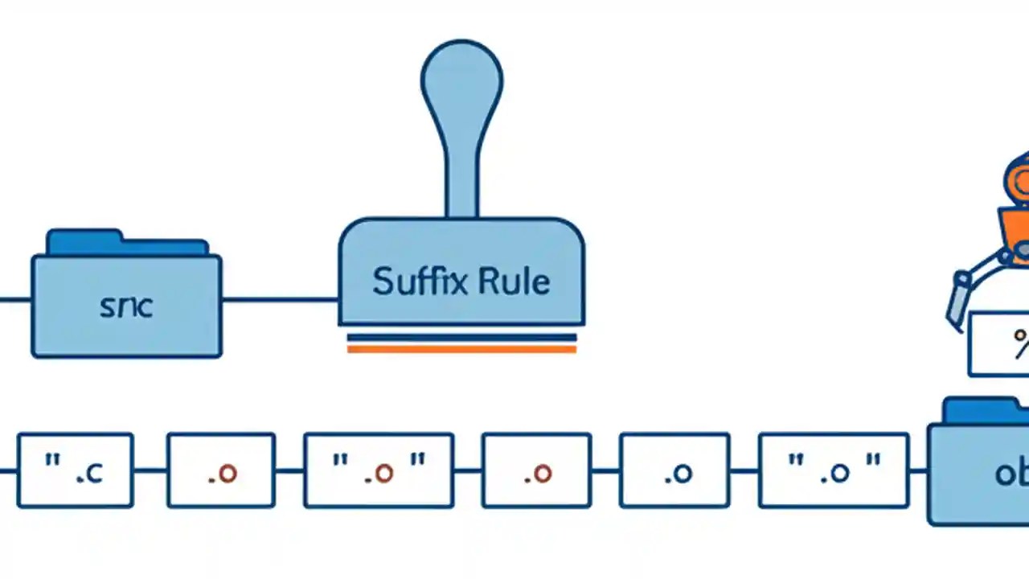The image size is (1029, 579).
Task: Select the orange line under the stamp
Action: point(461,349)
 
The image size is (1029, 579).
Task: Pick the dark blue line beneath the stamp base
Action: point(461,337)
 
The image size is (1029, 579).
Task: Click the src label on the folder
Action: point(126,306)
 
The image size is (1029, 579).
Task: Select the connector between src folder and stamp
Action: point(280,300)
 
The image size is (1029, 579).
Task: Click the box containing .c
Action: point(75,470)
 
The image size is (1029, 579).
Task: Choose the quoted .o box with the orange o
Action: point(379,470)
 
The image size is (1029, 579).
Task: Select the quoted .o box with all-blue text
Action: point(834,470)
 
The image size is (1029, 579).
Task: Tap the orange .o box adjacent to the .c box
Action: point(221,470)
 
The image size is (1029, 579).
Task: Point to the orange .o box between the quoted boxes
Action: point(536,470)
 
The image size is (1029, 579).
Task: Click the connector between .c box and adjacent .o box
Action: point(150,470)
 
